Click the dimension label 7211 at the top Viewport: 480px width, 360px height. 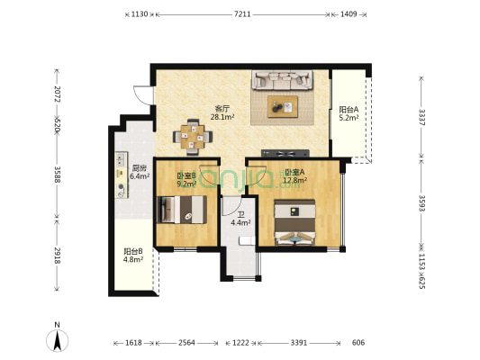pos(242,14)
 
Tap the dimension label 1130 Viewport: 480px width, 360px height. pos(140,14)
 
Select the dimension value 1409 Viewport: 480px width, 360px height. pos(349,14)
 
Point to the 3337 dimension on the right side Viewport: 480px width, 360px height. pos(421,117)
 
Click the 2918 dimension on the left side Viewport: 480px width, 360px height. pos(58,256)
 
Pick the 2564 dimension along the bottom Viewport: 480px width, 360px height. pos(186,343)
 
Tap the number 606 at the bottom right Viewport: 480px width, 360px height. pos(358,343)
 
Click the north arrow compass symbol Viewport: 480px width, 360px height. pos(58,340)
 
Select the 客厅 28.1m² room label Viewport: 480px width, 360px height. pos(222,112)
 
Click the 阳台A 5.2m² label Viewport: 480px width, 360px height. pos(349,113)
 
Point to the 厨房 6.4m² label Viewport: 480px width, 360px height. pos(140,172)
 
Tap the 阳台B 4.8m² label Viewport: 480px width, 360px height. pos(133,256)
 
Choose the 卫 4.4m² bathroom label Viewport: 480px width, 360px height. pos(241,219)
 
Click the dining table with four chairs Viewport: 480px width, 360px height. pos(193,137)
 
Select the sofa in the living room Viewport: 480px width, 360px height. pos(282,80)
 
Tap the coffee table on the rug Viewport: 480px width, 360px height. pos(283,107)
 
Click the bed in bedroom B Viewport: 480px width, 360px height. pos(182,210)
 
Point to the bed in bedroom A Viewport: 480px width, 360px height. pos(294,222)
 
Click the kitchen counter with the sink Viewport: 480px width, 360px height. pos(122,175)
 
